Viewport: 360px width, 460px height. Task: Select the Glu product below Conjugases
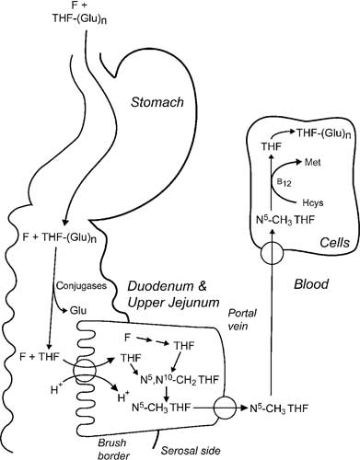(x=78, y=311)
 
